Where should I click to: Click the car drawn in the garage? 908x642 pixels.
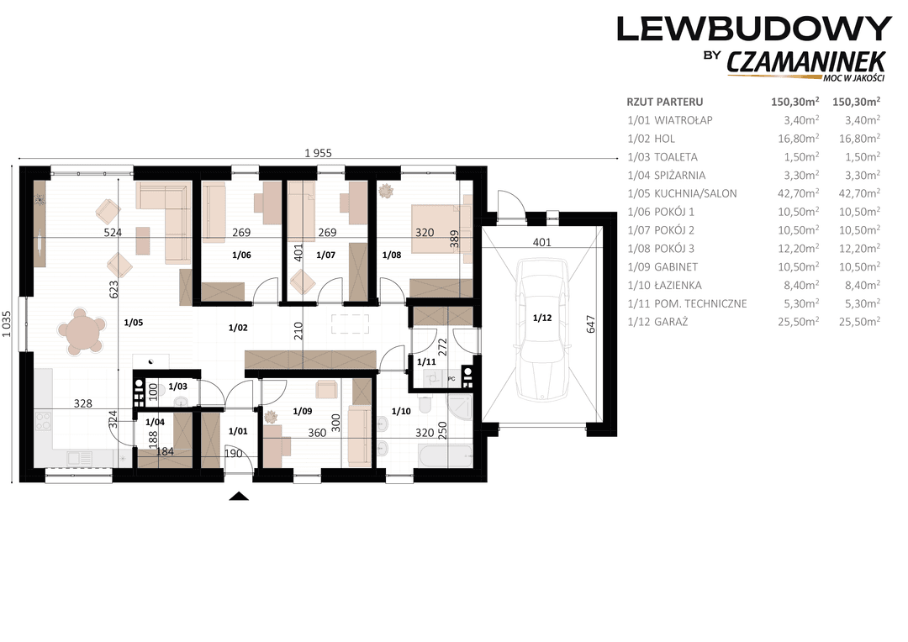pyautogui.click(x=542, y=329)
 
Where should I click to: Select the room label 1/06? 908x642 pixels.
pyautogui.click(x=241, y=255)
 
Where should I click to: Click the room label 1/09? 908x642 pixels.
pyautogui.click(x=303, y=411)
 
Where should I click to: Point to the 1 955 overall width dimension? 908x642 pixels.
pyautogui.click(x=318, y=153)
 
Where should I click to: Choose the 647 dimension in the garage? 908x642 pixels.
pyautogui.click(x=591, y=324)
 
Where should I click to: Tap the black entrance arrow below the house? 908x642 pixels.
pyautogui.click(x=239, y=496)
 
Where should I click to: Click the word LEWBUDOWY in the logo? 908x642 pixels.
pyautogui.click(x=754, y=29)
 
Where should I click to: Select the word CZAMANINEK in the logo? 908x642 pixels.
pyautogui.click(x=806, y=62)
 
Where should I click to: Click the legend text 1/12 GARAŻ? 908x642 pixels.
pyautogui.click(x=657, y=322)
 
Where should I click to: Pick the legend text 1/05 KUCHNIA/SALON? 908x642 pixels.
pyautogui.click(x=682, y=193)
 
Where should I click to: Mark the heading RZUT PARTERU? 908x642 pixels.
pyautogui.click(x=665, y=102)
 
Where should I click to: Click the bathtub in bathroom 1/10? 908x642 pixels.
pyautogui.click(x=446, y=456)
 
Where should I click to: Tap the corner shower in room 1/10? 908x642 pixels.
pyautogui.click(x=460, y=408)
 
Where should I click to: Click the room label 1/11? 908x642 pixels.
pyautogui.click(x=426, y=362)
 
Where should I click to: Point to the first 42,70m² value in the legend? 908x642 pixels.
pyautogui.click(x=798, y=193)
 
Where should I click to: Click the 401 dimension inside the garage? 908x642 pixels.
pyautogui.click(x=541, y=242)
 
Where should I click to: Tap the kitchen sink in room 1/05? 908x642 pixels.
pyautogui.click(x=79, y=459)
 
